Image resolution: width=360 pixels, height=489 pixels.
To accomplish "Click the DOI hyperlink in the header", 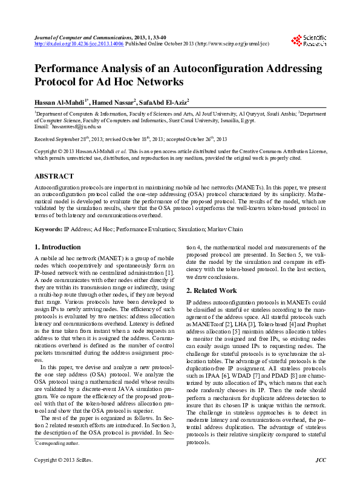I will pos(79,44).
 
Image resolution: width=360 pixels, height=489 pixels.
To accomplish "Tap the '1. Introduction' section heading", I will pos(57,247).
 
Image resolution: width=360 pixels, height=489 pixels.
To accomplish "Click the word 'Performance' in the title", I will pos(68,69).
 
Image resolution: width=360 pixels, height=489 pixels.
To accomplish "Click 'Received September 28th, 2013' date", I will pos(67,139).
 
